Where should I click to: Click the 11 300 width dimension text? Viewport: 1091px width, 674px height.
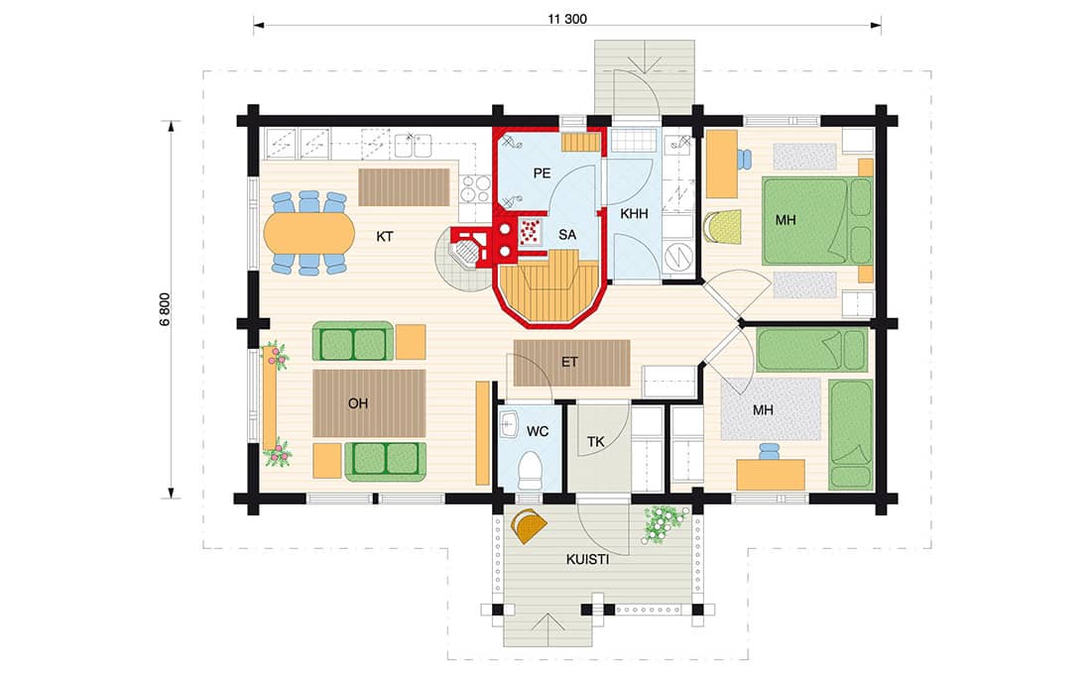[x=567, y=19]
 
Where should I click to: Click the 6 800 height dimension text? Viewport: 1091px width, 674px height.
[x=165, y=309]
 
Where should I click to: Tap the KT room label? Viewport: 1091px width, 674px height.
[x=384, y=237]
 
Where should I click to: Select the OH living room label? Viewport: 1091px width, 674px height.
[x=358, y=403]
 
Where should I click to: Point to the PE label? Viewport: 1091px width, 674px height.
[x=542, y=173]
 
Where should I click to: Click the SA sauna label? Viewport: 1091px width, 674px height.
[x=567, y=235]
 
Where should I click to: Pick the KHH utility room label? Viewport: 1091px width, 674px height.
[x=634, y=214]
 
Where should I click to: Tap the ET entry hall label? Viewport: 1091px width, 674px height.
[x=570, y=362]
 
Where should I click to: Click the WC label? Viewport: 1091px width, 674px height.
[x=538, y=432]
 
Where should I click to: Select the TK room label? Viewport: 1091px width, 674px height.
[x=596, y=442]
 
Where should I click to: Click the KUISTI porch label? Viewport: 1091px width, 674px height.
[x=587, y=559]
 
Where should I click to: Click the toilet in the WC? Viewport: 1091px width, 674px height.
[x=531, y=470]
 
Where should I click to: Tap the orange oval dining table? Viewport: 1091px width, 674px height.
[x=308, y=233]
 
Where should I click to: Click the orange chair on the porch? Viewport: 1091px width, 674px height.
[x=529, y=526]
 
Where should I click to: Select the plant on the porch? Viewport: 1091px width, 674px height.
[x=665, y=524]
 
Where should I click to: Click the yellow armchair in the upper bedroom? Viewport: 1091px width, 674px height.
[x=722, y=227]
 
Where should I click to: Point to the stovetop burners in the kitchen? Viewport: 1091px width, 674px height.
[x=475, y=188]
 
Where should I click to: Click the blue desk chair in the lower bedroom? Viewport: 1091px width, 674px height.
[x=769, y=451]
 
